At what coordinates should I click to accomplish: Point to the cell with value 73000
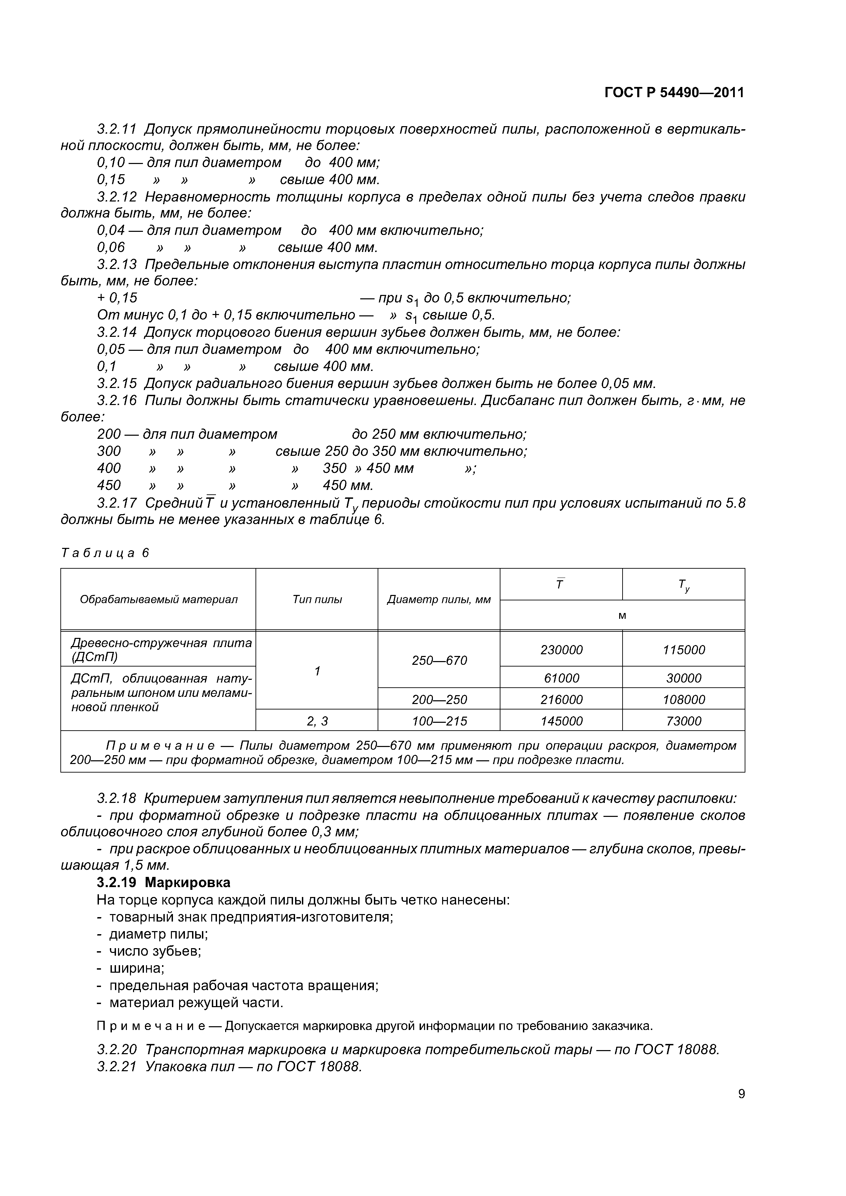(683, 721)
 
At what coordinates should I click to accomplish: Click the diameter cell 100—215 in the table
(439, 721)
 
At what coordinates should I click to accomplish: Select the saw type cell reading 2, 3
(317, 721)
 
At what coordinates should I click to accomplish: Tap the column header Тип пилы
(317, 600)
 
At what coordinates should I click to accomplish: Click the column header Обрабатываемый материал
(159, 600)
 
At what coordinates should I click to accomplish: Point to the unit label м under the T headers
(622, 616)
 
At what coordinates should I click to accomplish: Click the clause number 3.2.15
(117, 384)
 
